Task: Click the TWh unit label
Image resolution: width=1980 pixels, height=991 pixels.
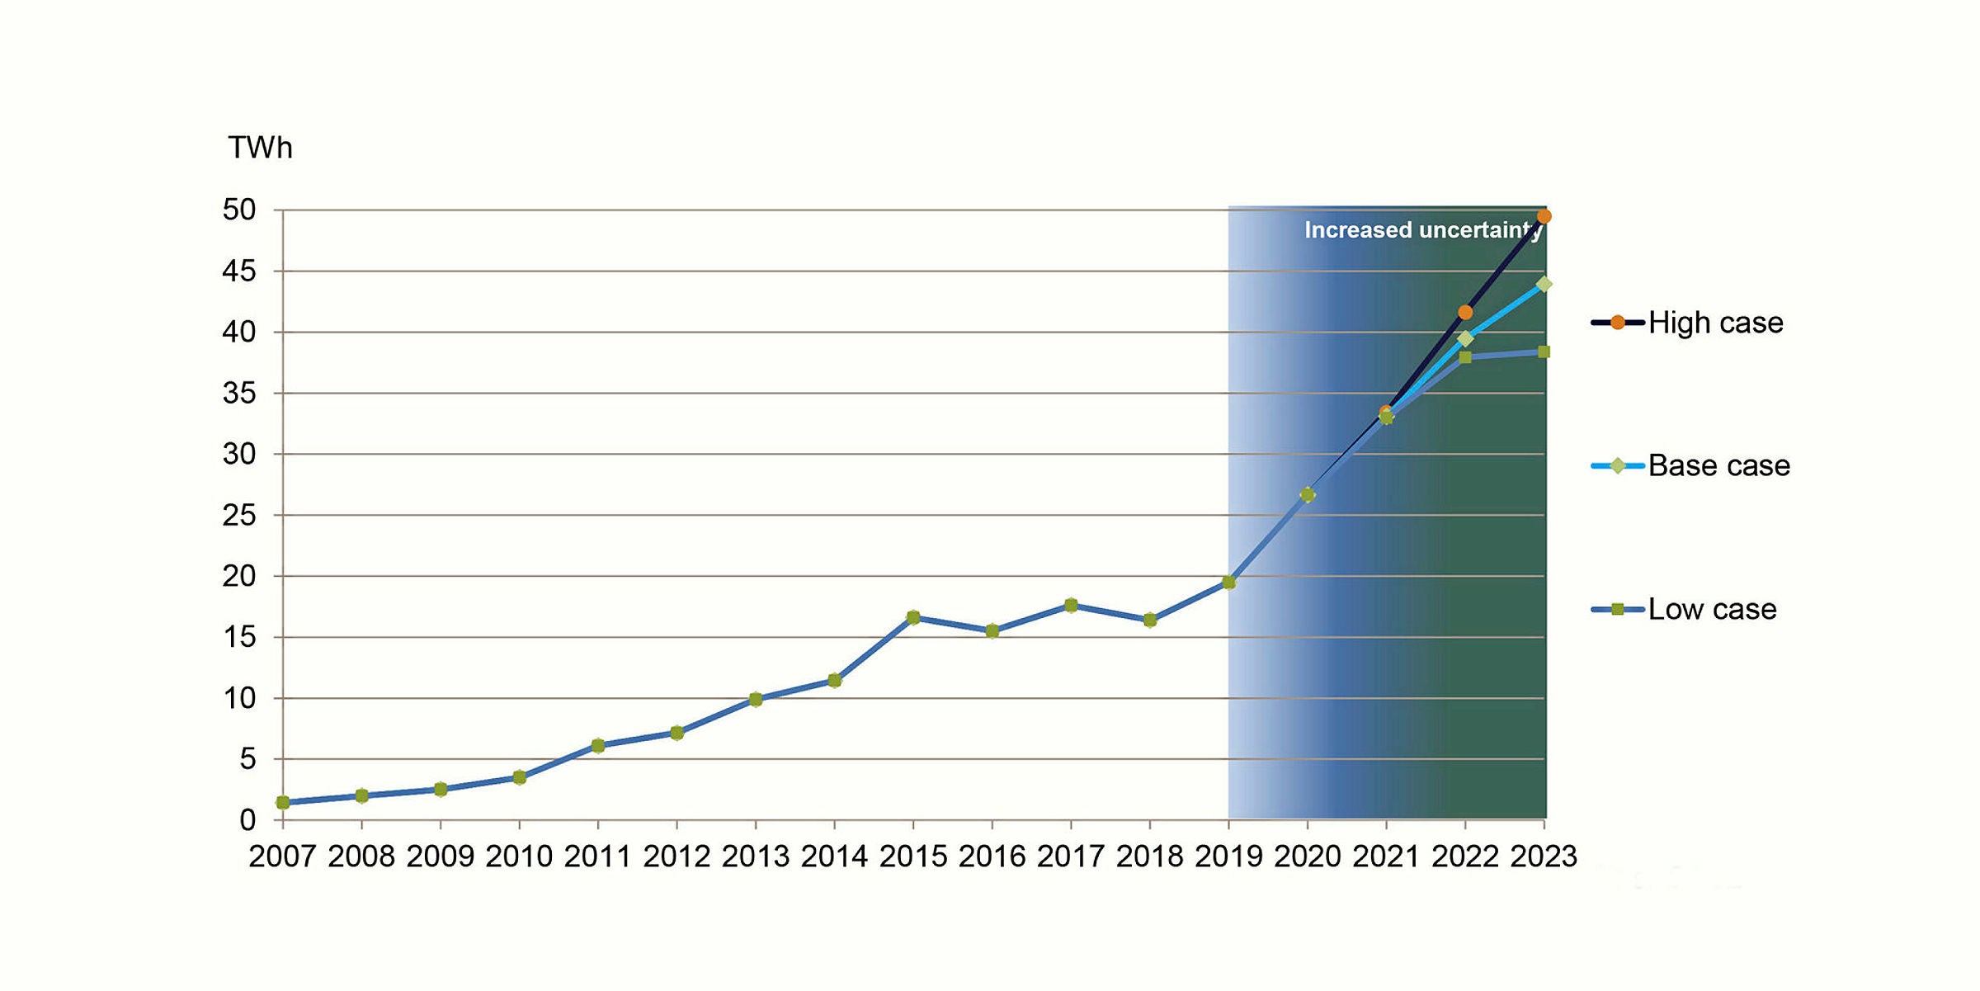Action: tap(260, 148)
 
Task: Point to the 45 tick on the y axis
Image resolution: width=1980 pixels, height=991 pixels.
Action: tap(239, 271)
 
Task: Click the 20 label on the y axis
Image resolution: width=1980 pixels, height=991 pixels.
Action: tap(239, 576)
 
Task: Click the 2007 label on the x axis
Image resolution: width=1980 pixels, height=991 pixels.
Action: tap(282, 857)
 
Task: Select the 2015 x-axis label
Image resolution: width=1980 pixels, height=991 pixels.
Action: tap(912, 857)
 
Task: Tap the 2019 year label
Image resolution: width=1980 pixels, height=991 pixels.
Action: tap(1228, 857)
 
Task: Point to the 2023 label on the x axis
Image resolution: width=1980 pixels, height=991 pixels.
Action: tap(1544, 857)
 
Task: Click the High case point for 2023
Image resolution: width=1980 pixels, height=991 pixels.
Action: tap(1544, 216)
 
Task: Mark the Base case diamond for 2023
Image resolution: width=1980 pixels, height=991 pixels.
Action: tap(1544, 284)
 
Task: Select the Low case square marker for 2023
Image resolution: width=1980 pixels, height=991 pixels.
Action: tap(1544, 352)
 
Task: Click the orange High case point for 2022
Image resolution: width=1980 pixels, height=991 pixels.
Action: tap(1465, 312)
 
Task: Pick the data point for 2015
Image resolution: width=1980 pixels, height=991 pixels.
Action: tap(913, 617)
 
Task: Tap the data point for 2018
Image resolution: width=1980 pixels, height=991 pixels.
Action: tap(1150, 621)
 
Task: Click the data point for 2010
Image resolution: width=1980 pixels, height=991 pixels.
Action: tap(519, 777)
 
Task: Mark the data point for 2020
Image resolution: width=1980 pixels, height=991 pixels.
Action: tap(1308, 495)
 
